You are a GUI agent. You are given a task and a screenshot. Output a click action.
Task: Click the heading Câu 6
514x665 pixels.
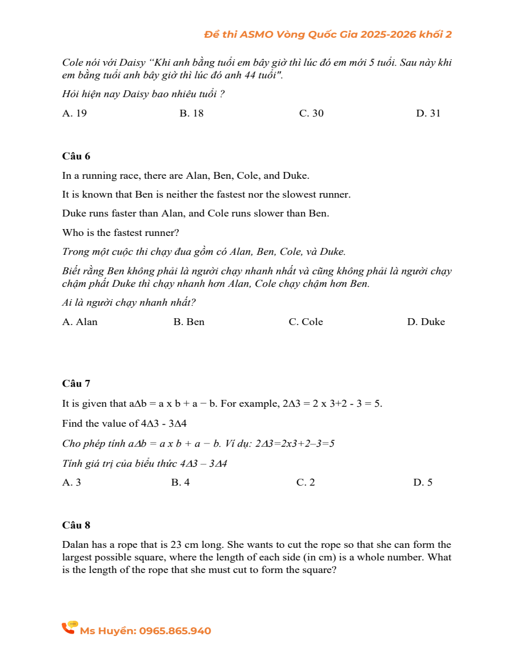point(76,156)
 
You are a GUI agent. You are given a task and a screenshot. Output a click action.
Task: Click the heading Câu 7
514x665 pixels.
point(76,384)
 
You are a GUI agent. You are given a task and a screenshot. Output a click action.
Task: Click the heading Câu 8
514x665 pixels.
point(76,525)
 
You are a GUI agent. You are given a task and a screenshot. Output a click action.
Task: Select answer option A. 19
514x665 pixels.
point(74,113)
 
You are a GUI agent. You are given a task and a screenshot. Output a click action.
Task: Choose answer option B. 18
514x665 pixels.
point(191,113)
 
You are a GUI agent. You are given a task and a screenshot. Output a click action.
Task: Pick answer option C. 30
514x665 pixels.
point(311,113)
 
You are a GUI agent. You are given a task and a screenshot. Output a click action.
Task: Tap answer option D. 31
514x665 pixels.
point(428,113)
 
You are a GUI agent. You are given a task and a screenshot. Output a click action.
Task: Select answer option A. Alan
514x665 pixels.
point(80,322)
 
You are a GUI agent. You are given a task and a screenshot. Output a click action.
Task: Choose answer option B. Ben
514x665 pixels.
point(188,322)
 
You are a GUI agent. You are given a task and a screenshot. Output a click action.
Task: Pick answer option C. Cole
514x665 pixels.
point(306,322)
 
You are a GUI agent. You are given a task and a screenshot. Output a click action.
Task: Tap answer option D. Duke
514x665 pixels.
point(425,322)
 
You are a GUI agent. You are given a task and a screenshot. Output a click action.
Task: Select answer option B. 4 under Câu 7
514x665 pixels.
point(180,483)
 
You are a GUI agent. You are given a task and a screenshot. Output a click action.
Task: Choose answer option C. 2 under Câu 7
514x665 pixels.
point(306,483)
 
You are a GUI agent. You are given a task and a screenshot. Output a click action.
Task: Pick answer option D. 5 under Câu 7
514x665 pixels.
point(423,483)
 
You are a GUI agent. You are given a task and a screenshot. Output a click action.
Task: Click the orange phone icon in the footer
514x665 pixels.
point(69,628)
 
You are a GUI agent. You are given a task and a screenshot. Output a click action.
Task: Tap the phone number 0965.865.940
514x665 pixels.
point(175,631)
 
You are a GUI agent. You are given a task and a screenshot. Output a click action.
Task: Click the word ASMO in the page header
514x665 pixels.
point(256,34)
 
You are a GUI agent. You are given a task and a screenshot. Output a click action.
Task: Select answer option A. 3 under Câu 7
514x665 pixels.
point(71,483)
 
